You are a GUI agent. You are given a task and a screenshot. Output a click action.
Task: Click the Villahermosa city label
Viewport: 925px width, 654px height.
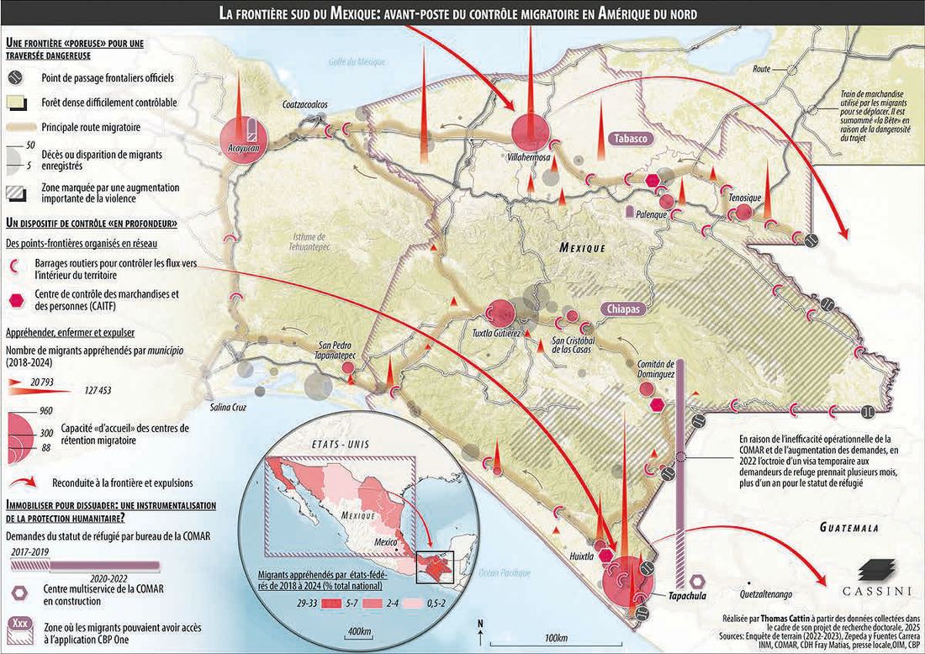(529, 156)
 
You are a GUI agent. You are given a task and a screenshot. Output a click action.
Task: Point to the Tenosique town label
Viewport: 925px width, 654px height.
(745, 198)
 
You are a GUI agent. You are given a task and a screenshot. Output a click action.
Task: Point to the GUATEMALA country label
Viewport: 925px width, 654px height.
(849, 528)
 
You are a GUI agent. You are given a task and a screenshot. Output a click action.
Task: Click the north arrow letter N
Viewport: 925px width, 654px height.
(478, 623)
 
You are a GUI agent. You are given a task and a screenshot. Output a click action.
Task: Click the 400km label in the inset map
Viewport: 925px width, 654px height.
(359, 630)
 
